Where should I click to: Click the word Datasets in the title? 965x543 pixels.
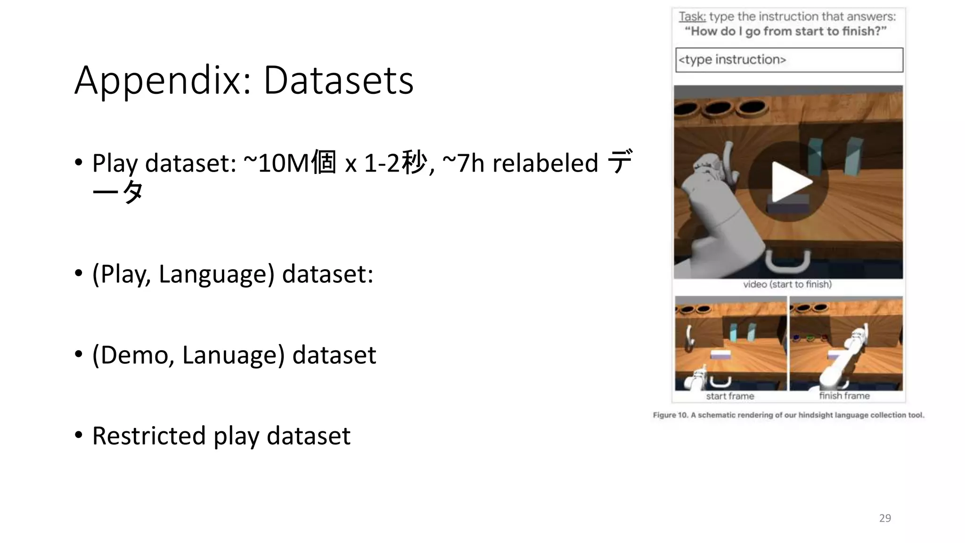(x=338, y=80)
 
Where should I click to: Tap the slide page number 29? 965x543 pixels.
(x=885, y=518)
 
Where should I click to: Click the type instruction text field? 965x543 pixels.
(x=789, y=60)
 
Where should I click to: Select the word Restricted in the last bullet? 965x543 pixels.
(x=149, y=436)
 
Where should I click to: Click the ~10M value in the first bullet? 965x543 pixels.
(x=276, y=163)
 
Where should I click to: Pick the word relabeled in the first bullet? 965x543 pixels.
(x=545, y=163)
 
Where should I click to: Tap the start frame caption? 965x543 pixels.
(x=730, y=396)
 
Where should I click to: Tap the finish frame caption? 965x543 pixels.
(x=844, y=396)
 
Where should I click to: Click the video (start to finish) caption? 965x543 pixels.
(x=787, y=284)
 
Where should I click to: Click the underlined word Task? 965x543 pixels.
(x=692, y=16)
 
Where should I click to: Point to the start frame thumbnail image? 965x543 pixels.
(x=730, y=343)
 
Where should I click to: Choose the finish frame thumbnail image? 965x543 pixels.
(x=846, y=343)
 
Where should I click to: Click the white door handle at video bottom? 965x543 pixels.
(x=787, y=262)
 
